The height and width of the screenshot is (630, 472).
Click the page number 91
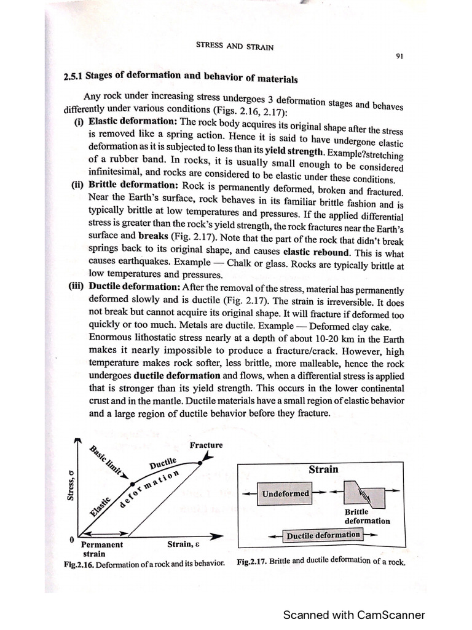click(x=399, y=57)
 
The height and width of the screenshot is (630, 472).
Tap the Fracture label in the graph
click(x=206, y=445)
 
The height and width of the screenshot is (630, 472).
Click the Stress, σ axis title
click(x=71, y=485)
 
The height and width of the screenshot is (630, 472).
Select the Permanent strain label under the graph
click(x=101, y=549)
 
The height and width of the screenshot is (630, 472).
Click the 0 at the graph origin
click(x=72, y=540)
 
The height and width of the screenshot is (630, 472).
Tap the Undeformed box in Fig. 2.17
click(x=286, y=493)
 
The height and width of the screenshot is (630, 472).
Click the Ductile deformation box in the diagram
click(x=323, y=535)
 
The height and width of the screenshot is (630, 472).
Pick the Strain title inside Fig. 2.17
click(x=323, y=469)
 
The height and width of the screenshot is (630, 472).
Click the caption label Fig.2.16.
click(x=79, y=564)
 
